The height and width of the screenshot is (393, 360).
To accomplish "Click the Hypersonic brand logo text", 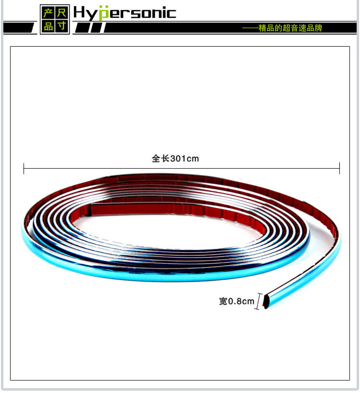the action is [125, 13].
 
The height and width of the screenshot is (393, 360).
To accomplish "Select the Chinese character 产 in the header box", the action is [48, 13].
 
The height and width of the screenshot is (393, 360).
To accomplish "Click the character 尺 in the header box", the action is [61, 13].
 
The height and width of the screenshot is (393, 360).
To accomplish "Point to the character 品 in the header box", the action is [48, 26].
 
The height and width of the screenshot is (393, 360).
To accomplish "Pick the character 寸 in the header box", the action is [61, 26].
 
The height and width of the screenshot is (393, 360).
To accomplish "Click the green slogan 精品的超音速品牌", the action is [290, 28].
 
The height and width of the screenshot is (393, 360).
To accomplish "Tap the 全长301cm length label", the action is [175, 159].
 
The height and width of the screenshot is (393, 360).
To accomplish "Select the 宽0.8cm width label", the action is [237, 301].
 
